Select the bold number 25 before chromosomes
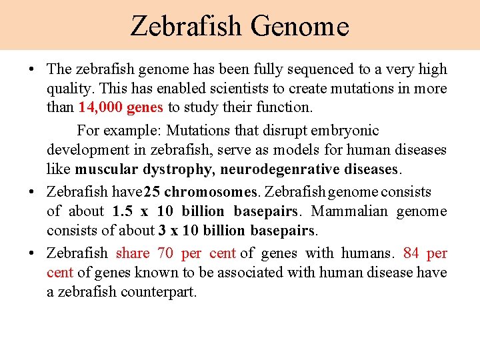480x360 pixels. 152,192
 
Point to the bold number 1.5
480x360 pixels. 123,212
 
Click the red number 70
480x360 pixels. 166,253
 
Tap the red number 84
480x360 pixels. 411,253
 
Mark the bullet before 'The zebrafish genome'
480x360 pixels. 31,69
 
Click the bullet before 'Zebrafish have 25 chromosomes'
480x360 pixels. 31,192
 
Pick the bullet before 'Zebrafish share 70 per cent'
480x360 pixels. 31,253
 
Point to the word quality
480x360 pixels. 67,89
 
